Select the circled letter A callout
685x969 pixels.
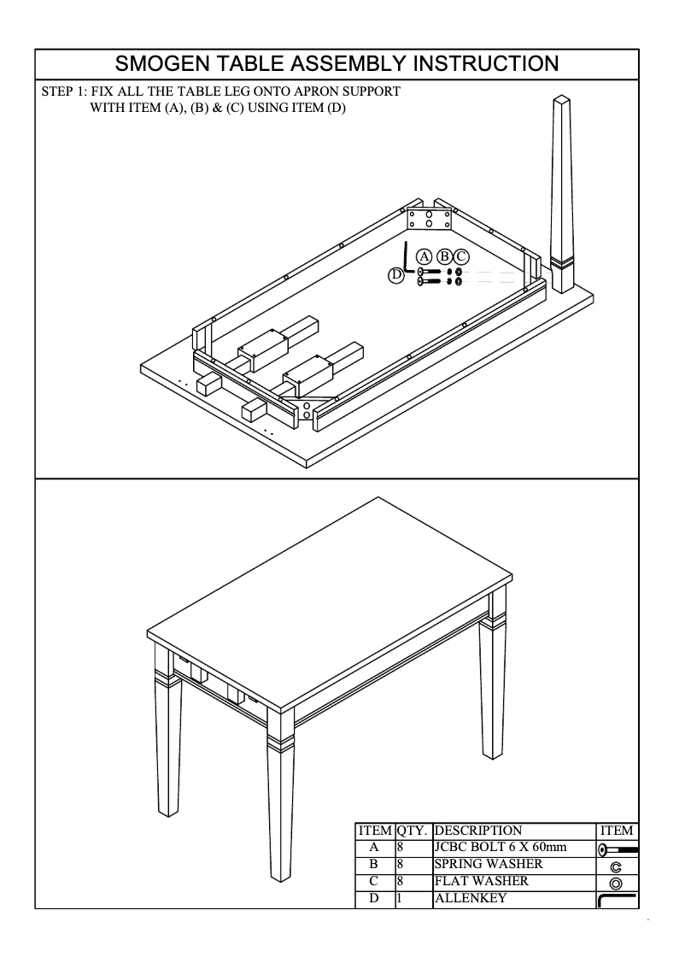click(424, 255)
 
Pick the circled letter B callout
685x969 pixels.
click(444, 255)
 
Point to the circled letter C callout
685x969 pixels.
click(461, 255)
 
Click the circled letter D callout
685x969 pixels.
click(395, 274)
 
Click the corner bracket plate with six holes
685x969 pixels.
click(429, 218)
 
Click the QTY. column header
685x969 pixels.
click(413, 831)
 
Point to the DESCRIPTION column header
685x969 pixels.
click(478, 831)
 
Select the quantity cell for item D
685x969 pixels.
click(413, 898)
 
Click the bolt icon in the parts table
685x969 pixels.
click(618, 849)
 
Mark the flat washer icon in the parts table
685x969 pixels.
click(616, 883)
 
